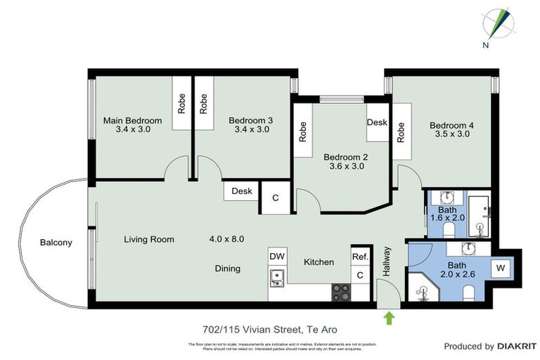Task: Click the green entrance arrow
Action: [389, 319]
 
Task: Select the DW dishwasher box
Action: [276, 257]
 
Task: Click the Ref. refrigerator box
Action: [360, 257]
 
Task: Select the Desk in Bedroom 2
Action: [377, 122]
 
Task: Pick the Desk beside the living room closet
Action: [242, 191]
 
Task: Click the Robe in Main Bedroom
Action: [181, 103]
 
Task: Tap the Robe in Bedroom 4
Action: [401, 132]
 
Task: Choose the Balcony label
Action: [56, 243]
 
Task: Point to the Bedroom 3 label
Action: [250, 120]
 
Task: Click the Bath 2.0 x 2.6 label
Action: [457, 270]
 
